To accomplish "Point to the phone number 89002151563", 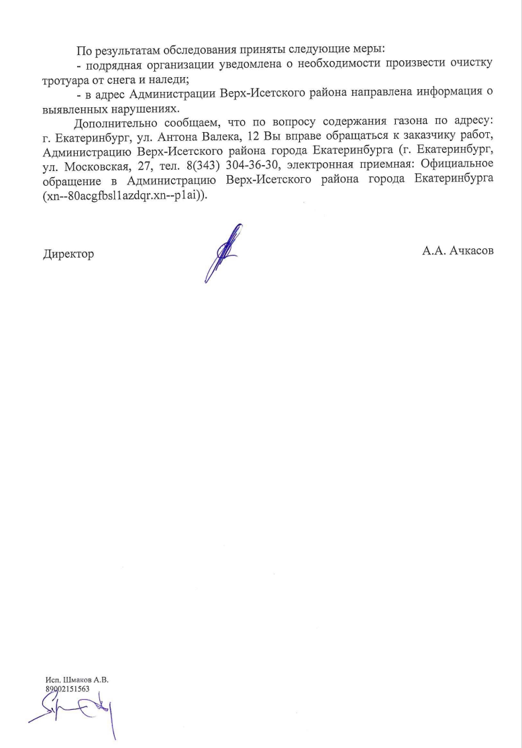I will (67, 688).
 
